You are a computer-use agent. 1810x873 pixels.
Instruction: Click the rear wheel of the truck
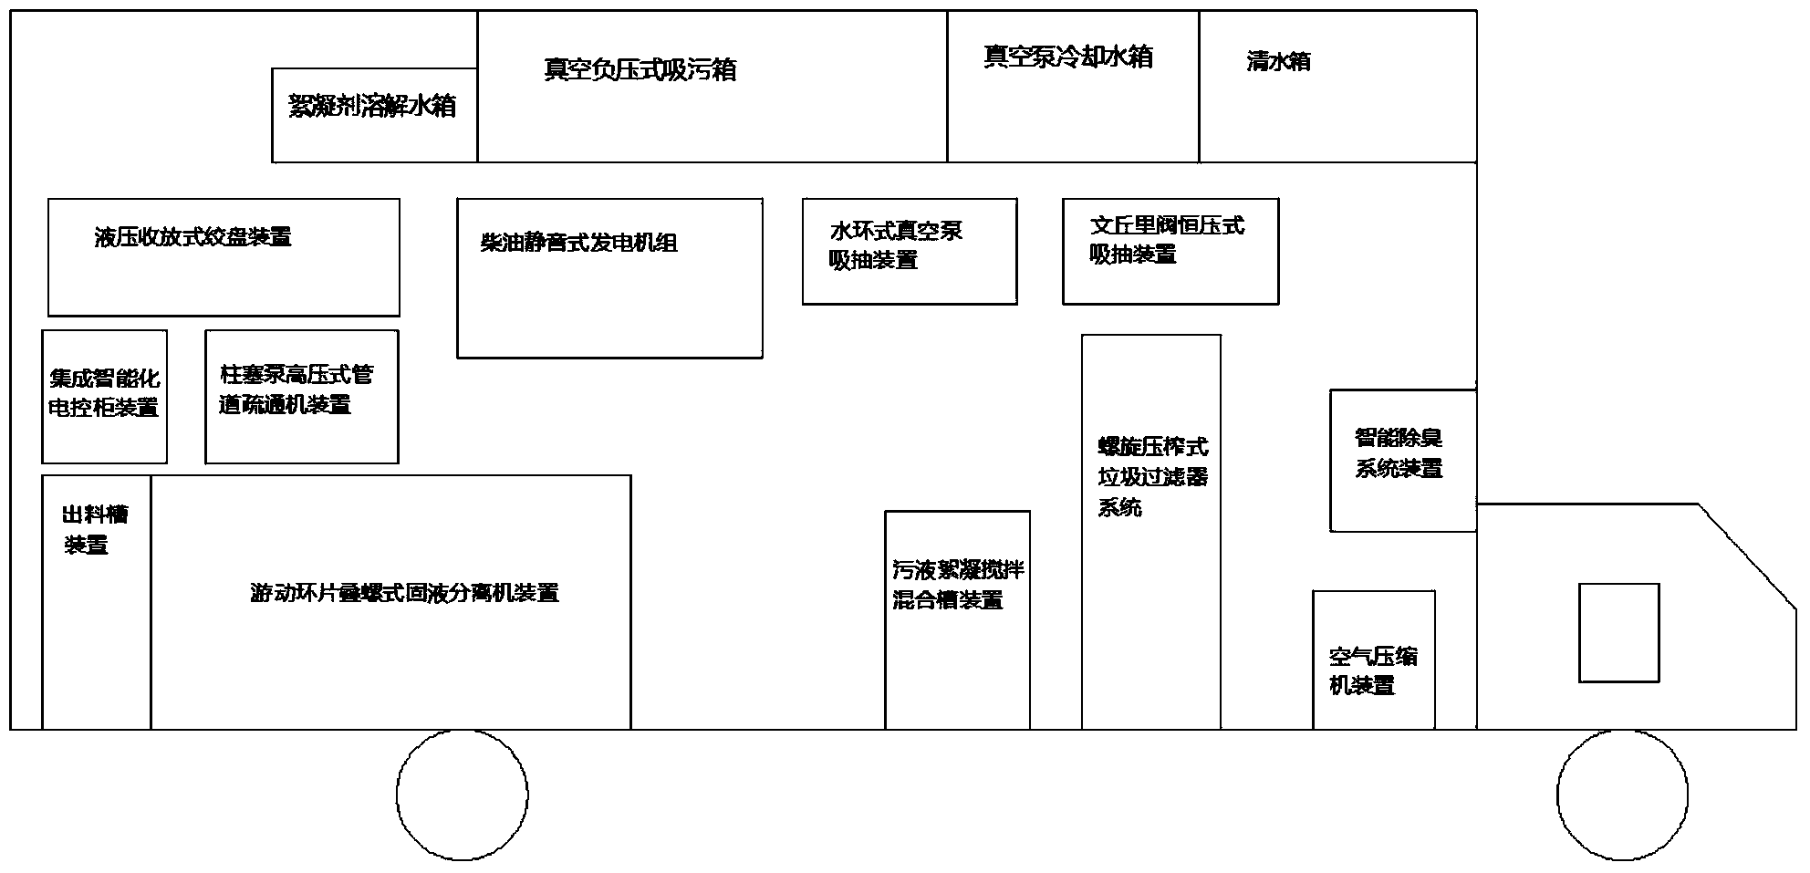462,795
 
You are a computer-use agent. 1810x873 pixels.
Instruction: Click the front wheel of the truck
1622,795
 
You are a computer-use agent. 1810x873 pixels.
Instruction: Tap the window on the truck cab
1618,632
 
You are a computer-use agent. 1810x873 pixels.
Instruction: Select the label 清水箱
1278,62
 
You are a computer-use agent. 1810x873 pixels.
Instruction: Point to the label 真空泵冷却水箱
1067,57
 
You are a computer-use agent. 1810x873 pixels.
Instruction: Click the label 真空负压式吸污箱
640,69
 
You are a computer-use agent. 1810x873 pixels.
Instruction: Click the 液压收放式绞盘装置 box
224,257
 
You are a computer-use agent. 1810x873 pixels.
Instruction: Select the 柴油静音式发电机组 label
578,243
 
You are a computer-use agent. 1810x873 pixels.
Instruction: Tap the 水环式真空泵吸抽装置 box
909,251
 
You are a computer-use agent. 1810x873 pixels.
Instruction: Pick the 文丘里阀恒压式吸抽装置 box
1170,251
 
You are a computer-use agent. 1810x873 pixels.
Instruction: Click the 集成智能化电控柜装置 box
104,396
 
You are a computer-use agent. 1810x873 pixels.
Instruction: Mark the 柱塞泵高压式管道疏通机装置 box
301,396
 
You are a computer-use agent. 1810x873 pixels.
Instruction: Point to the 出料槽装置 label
94,529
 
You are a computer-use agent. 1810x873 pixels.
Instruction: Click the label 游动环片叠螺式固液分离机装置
403,593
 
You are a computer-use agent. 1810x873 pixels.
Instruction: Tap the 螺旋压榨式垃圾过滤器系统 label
1151,476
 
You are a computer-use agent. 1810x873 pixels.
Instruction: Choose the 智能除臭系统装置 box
1401,460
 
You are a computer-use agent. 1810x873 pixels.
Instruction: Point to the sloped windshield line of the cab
1746,553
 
